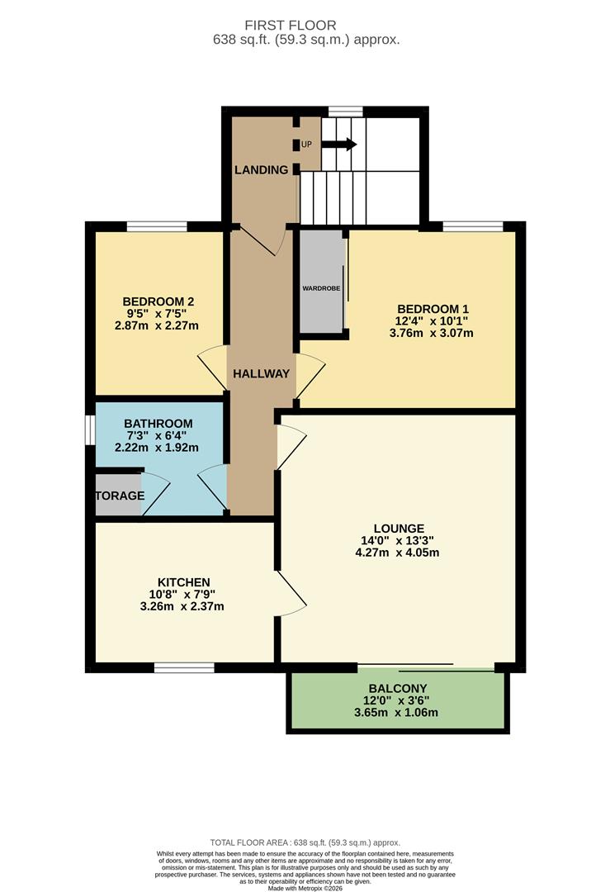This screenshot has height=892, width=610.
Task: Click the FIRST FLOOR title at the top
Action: [305, 26]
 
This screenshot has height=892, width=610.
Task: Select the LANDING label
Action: [261, 170]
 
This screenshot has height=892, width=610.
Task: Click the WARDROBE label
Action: [321, 288]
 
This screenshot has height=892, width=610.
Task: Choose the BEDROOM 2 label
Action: [158, 301]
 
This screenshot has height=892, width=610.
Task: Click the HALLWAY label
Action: [261, 373]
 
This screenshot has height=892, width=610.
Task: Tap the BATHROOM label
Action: [158, 423]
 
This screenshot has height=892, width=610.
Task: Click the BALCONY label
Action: [397, 688]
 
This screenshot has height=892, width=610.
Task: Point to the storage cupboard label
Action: [119, 496]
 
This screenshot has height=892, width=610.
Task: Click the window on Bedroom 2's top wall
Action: [156, 225]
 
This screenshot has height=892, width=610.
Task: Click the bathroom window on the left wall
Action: [90, 430]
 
